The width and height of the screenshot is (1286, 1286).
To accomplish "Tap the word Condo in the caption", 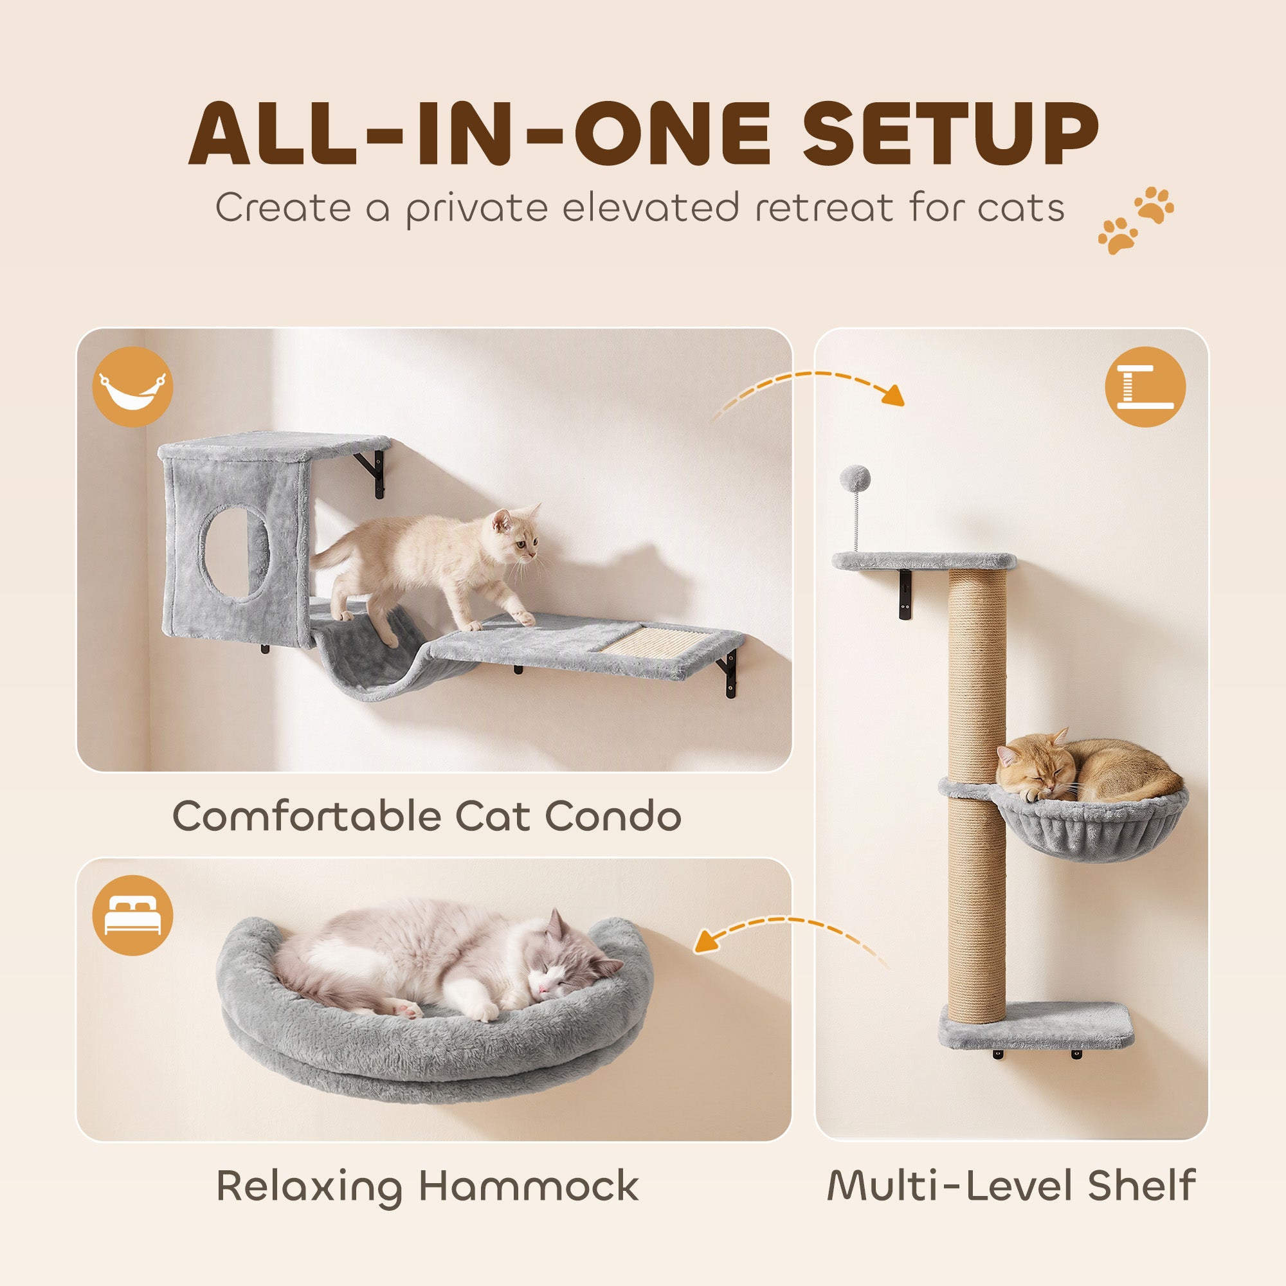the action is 612,815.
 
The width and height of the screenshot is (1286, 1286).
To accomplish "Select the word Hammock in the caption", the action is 529,1186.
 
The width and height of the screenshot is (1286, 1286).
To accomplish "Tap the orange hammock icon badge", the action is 132,386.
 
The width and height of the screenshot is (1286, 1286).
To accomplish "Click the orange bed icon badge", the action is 132,915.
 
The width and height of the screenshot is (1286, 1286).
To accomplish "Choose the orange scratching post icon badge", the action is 1145,386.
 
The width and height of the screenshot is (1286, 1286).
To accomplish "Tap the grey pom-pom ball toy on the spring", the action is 855,476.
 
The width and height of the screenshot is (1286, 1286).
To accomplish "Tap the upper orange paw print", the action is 1155,205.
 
